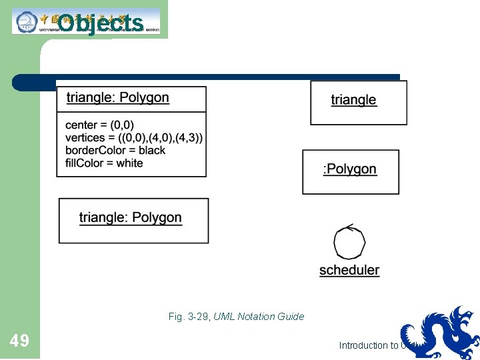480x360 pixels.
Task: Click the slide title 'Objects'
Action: (100, 23)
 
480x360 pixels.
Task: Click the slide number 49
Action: (19, 341)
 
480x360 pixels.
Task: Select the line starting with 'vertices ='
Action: (134, 137)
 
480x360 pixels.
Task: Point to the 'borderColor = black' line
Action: (115, 150)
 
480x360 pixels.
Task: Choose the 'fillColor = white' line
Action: (104, 163)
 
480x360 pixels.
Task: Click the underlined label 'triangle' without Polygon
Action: (353, 100)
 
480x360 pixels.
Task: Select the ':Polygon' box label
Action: (350, 169)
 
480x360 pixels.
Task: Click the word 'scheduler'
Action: (349, 270)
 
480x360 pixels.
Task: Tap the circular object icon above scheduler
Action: (349, 243)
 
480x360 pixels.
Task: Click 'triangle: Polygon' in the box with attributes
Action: (118, 98)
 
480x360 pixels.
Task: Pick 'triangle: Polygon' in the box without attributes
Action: (131, 218)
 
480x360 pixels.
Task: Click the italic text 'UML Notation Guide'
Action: (259, 317)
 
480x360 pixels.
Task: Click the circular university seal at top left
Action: (27, 22)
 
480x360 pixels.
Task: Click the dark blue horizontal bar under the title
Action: (207, 78)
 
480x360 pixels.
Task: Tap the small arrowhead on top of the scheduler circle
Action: (341, 227)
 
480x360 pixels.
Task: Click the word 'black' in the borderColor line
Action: (152, 150)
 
